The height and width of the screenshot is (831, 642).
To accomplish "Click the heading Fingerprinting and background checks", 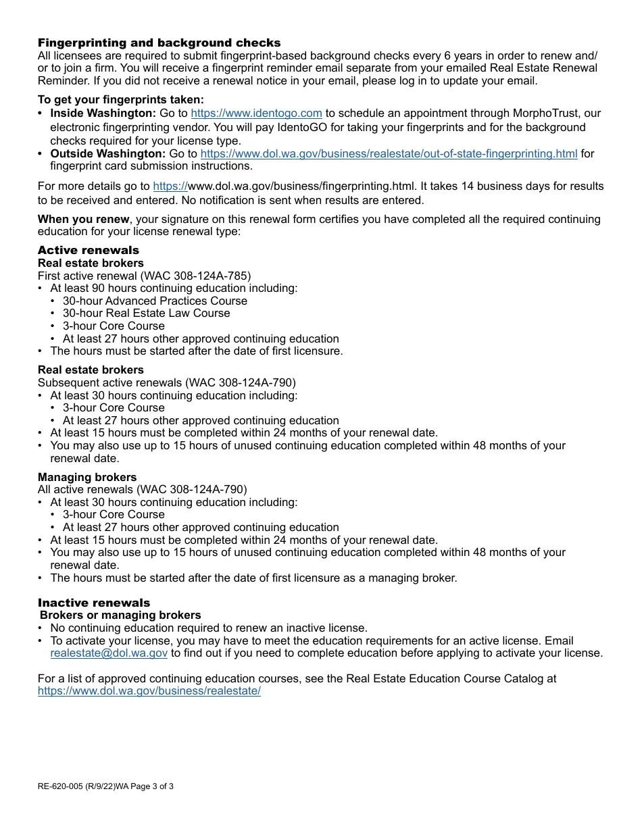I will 159,43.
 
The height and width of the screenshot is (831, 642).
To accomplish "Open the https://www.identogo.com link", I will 256,114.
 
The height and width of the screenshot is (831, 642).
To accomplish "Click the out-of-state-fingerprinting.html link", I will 389,153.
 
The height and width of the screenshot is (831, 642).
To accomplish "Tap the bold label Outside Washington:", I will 107,153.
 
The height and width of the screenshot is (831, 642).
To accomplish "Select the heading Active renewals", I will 88,250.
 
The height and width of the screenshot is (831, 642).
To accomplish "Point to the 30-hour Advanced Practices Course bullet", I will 155,301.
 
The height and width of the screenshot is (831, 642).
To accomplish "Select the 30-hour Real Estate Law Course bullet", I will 146,313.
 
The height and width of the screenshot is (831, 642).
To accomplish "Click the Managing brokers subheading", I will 87,477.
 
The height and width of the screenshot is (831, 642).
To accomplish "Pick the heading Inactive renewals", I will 94,603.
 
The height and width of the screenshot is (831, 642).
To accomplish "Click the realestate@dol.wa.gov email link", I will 109,653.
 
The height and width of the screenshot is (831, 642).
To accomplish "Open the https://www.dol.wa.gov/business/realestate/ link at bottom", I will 149,691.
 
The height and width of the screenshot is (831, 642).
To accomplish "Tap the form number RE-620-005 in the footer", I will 60,786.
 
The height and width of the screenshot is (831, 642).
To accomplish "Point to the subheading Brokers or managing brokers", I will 120,615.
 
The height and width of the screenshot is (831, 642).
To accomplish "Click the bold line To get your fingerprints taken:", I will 120,100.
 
